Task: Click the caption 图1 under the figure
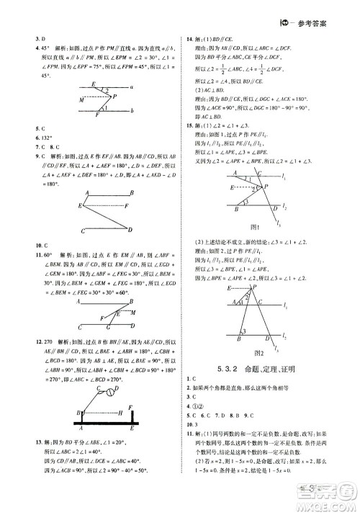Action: click(x=253, y=228)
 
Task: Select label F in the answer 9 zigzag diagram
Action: click(x=127, y=207)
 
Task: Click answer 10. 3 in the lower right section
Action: click(x=192, y=425)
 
